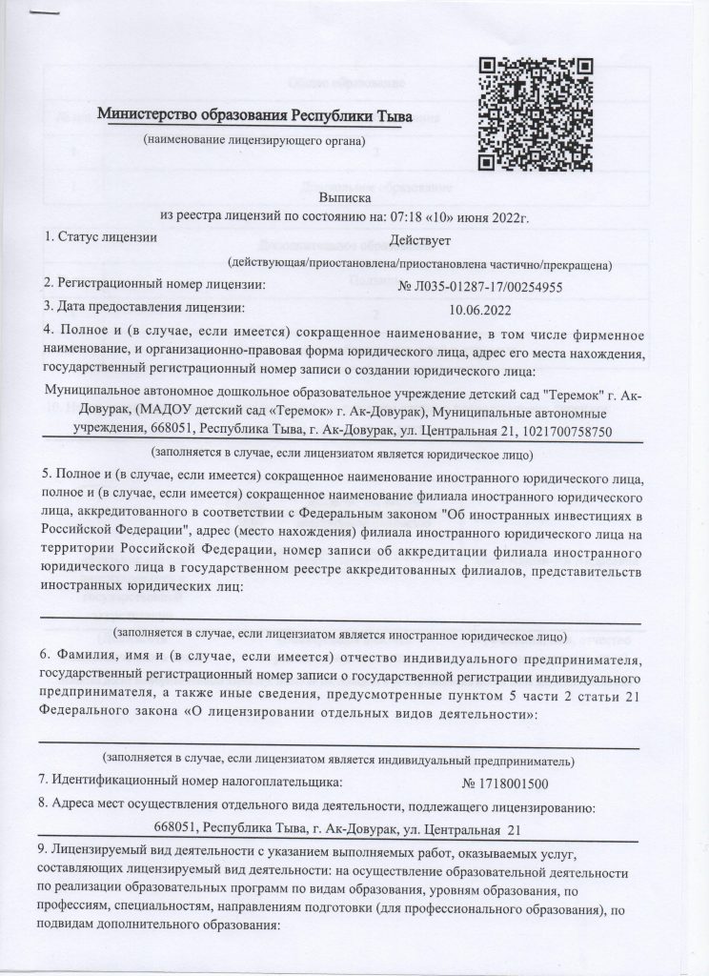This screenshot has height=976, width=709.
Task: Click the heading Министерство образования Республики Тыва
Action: pyautogui.click(x=255, y=116)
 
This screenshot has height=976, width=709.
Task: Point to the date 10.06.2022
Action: pyautogui.click(x=479, y=308)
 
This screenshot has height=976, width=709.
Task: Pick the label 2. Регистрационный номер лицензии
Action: pyautogui.click(x=154, y=284)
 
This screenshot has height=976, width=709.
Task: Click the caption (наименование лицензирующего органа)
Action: pyautogui.click(x=253, y=141)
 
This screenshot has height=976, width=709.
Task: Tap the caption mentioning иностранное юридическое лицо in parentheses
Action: pyautogui.click(x=339, y=634)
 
